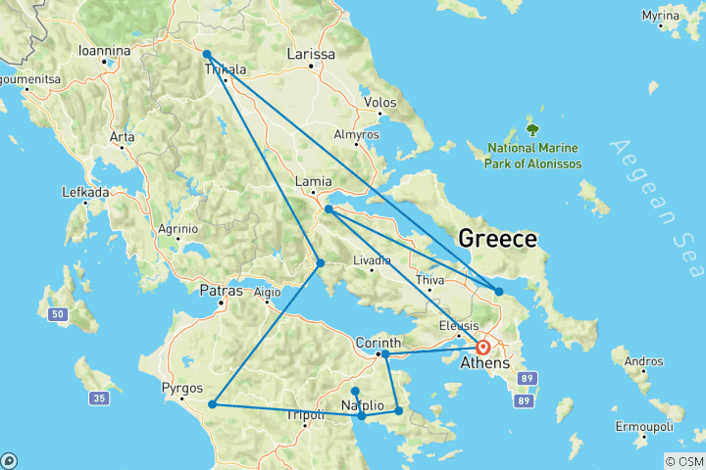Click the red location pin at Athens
point(482,347)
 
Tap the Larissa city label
point(311,54)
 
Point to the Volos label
point(378,102)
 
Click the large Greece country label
point(498,239)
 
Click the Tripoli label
point(304,415)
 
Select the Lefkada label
point(85,192)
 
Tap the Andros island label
point(643,361)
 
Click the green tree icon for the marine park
point(533,128)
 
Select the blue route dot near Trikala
point(207,55)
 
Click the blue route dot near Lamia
point(328,209)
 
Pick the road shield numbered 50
point(58,313)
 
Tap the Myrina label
point(687,17)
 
